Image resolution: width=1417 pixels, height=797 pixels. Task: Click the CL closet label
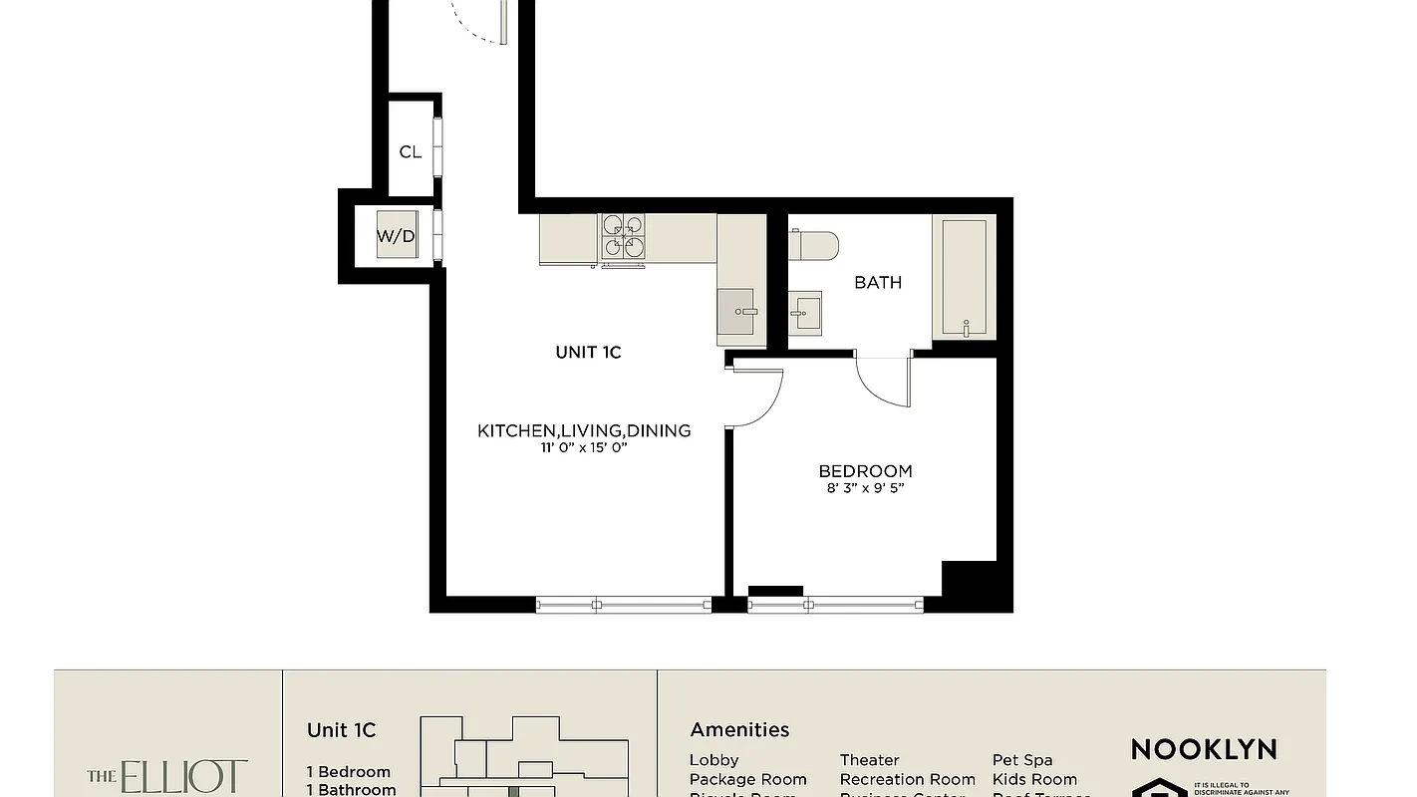[410, 152]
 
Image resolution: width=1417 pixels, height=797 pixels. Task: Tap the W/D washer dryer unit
[396, 236]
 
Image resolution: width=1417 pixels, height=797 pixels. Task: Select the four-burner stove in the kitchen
[624, 238]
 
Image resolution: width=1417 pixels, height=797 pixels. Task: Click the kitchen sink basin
[738, 312]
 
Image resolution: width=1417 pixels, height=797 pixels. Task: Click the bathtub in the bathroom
[964, 278]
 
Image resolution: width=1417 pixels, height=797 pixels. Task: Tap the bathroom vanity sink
[805, 314]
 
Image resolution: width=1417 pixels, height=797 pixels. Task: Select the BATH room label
[878, 283]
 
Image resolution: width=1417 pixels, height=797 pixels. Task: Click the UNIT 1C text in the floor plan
[588, 352]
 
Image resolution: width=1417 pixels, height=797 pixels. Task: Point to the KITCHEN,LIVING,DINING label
[584, 430]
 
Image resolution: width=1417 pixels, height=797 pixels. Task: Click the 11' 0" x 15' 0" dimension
[584, 448]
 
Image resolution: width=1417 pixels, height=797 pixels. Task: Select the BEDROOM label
[865, 471]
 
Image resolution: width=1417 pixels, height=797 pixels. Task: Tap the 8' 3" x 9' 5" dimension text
[865, 488]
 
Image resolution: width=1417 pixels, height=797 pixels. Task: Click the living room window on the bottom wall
[624, 604]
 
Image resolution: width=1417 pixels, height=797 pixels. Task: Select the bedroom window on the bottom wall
[835, 604]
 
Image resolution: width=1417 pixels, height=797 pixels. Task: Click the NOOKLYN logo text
[1203, 749]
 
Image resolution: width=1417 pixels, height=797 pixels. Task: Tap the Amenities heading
[739, 730]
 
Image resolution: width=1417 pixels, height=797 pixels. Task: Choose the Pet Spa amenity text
[1022, 760]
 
